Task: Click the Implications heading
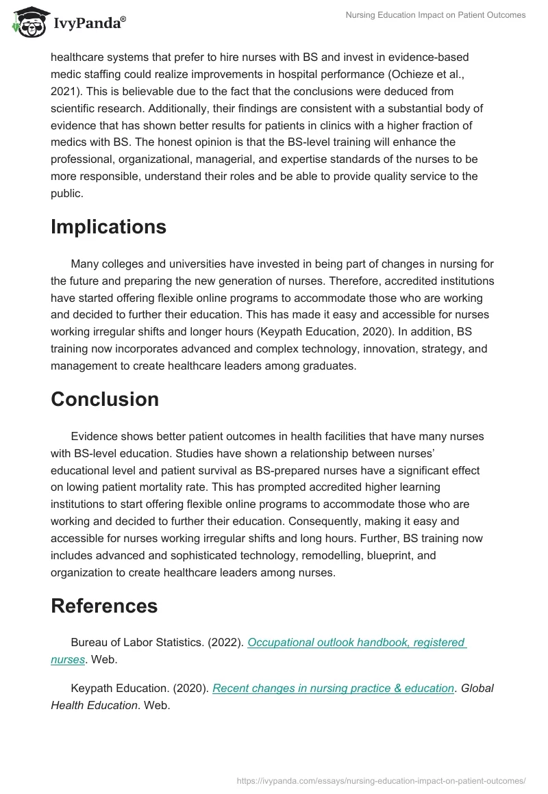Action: pos(108,227)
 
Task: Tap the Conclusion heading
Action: pos(105,399)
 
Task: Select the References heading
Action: pos(104,606)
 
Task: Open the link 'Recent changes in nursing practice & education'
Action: pos(333,689)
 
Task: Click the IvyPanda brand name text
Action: pos(90,23)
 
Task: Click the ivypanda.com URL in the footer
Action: pos(381,780)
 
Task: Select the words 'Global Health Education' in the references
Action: pos(272,697)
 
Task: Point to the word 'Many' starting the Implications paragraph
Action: pos(84,264)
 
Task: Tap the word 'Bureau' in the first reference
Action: pos(88,643)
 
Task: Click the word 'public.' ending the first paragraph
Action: pos(66,193)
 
